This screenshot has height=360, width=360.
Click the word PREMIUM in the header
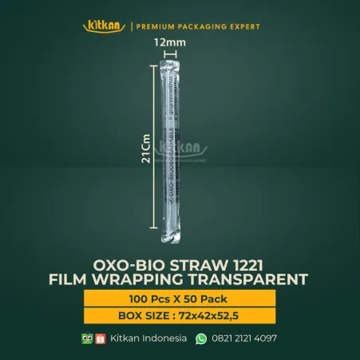pos(160,27)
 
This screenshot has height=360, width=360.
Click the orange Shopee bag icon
pos(101,338)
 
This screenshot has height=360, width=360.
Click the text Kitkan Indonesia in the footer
pos(148,338)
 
